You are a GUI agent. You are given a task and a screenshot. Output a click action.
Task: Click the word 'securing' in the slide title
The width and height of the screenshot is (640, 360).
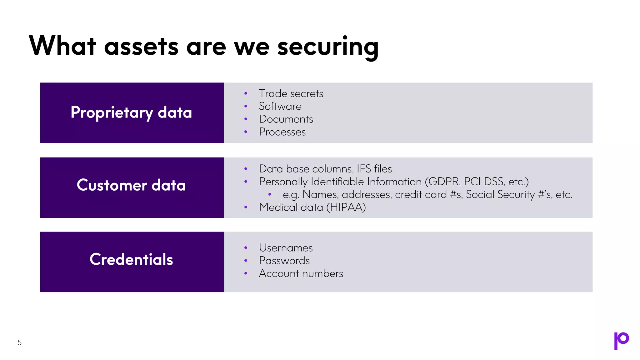click(x=328, y=47)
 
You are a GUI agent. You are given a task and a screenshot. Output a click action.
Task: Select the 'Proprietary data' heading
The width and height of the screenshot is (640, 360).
click(x=131, y=112)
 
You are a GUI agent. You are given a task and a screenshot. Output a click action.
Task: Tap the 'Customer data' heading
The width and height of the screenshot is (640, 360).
click(x=131, y=185)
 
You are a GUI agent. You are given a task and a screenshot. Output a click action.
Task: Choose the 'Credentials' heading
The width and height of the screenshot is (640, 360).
click(x=131, y=259)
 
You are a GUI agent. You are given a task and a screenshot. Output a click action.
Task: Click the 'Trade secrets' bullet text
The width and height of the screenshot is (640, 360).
click(x=291, y=93)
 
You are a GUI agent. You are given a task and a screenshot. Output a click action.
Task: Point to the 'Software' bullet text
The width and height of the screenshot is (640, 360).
click(x=280, y=106)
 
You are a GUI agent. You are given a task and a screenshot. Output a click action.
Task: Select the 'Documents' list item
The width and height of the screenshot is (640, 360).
click(x=286, y=119)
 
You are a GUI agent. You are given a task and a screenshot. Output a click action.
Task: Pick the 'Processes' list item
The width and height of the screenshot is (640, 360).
click(x=282, y=132)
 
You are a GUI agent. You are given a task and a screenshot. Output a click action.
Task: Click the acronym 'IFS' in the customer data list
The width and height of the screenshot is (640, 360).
click(x=364, y=169)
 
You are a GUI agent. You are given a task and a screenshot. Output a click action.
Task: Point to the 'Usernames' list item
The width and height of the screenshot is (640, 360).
click(x=286, y=248)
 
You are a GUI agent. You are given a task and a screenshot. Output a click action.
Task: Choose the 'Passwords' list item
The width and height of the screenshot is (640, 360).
click(x=284, y=261)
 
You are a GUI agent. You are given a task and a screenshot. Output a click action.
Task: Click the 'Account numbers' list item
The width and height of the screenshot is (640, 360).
click(x=301, y=273)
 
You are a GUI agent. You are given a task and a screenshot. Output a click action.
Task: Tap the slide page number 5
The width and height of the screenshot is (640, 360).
click(x=19, y=342)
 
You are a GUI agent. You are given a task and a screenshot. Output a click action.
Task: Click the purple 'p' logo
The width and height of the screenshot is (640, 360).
click(x=621, y=340)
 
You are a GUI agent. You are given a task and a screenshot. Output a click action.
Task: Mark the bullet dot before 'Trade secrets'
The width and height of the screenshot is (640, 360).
click(x=246, y=93)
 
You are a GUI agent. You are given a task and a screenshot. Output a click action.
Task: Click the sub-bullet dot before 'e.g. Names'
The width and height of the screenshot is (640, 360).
click(x=270, y=194)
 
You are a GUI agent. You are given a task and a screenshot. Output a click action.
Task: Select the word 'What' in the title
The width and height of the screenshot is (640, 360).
click(x=62, y=46)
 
